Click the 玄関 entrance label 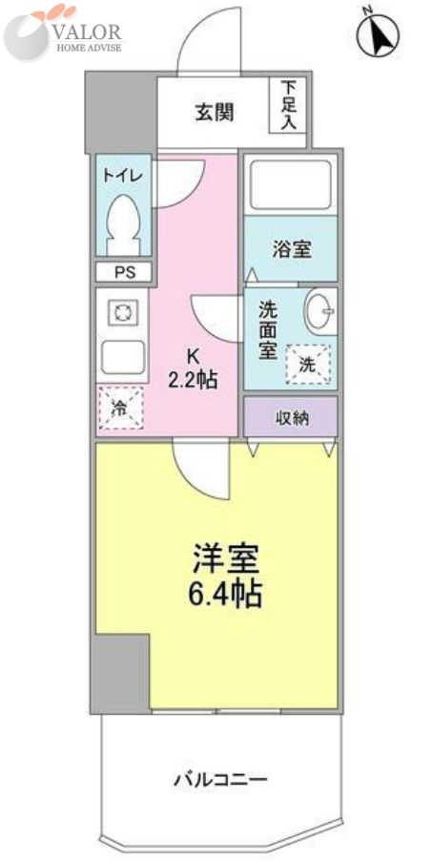tap(216, 113)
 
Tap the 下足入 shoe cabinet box tap(289, 106)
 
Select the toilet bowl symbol tap(124, 220)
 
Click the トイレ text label tap(123, 175)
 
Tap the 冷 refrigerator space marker tap(120, 406)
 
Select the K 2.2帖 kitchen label tap(193, 368)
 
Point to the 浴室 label tap(291, 250)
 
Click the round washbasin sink tap(319, 310)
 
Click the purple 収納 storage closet tap(291, 417)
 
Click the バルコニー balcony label tap(219, 779)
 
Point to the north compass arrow tap(379, 36)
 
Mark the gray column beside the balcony tap(120, 672)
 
